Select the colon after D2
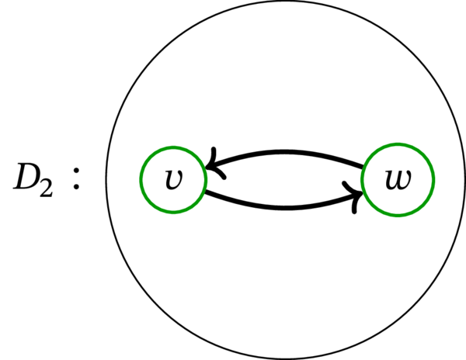pyautogui.click(x=75, y=179)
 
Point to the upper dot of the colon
pyautogui.click(x=75, y=170)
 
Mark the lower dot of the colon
pyautogui.click(x=75, y=189)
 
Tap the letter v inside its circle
pyautogui.click(x=172, y=180)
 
